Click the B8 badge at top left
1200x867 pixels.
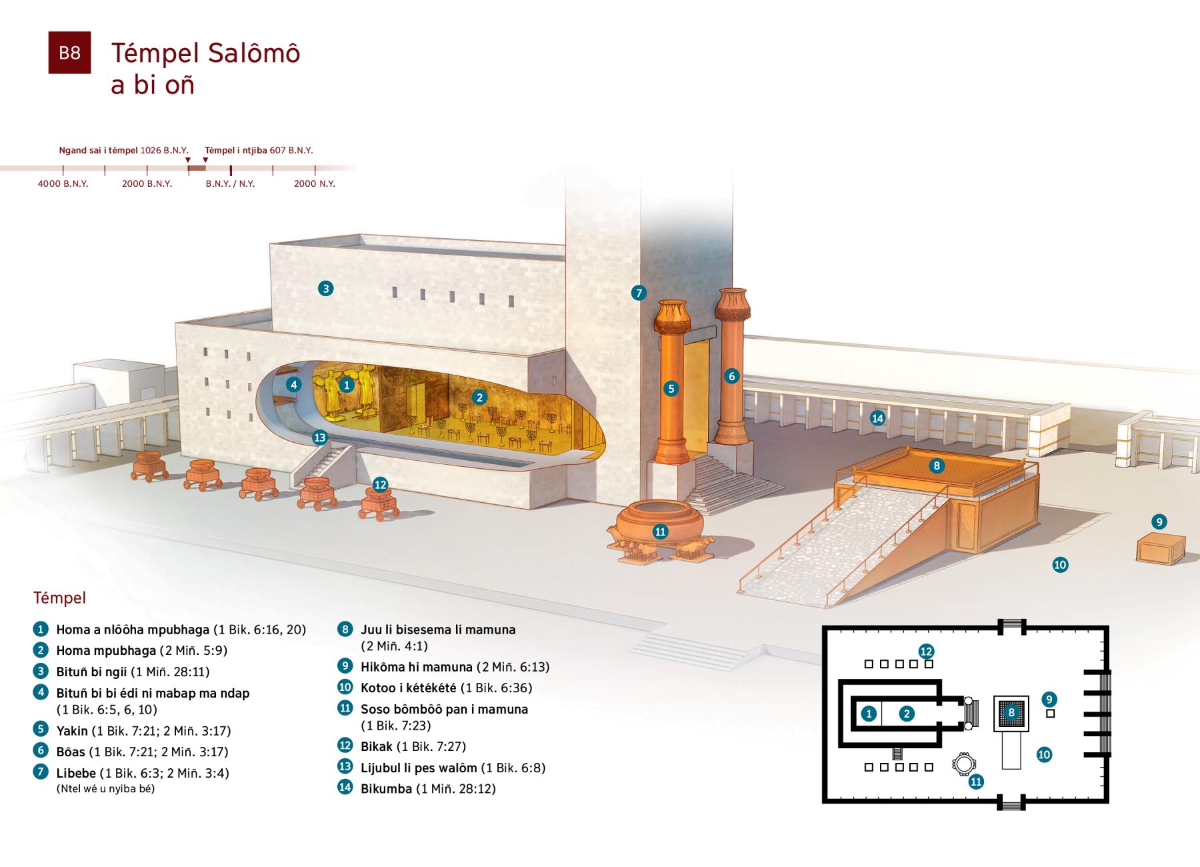[69, 53]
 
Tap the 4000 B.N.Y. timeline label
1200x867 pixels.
[63, 183]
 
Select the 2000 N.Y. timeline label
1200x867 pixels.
[314, 183]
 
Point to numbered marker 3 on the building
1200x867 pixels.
[325, 289]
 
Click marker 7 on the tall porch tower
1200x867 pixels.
[639, 292]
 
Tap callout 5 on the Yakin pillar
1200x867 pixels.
[671, 389]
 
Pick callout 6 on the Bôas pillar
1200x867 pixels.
[731, 376]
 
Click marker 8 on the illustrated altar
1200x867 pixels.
[937, 466]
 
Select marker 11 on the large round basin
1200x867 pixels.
[660, 532]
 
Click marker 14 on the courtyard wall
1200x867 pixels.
[877, 418]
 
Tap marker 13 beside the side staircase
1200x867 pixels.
[320, 438]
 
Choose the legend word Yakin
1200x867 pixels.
[72, 731]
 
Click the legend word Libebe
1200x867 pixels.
[76, 774]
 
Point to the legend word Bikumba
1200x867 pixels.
[386, 789]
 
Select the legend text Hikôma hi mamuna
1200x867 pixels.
[416, 667]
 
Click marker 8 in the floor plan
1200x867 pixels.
[1011, 712]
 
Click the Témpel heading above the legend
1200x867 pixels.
[59, 598]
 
